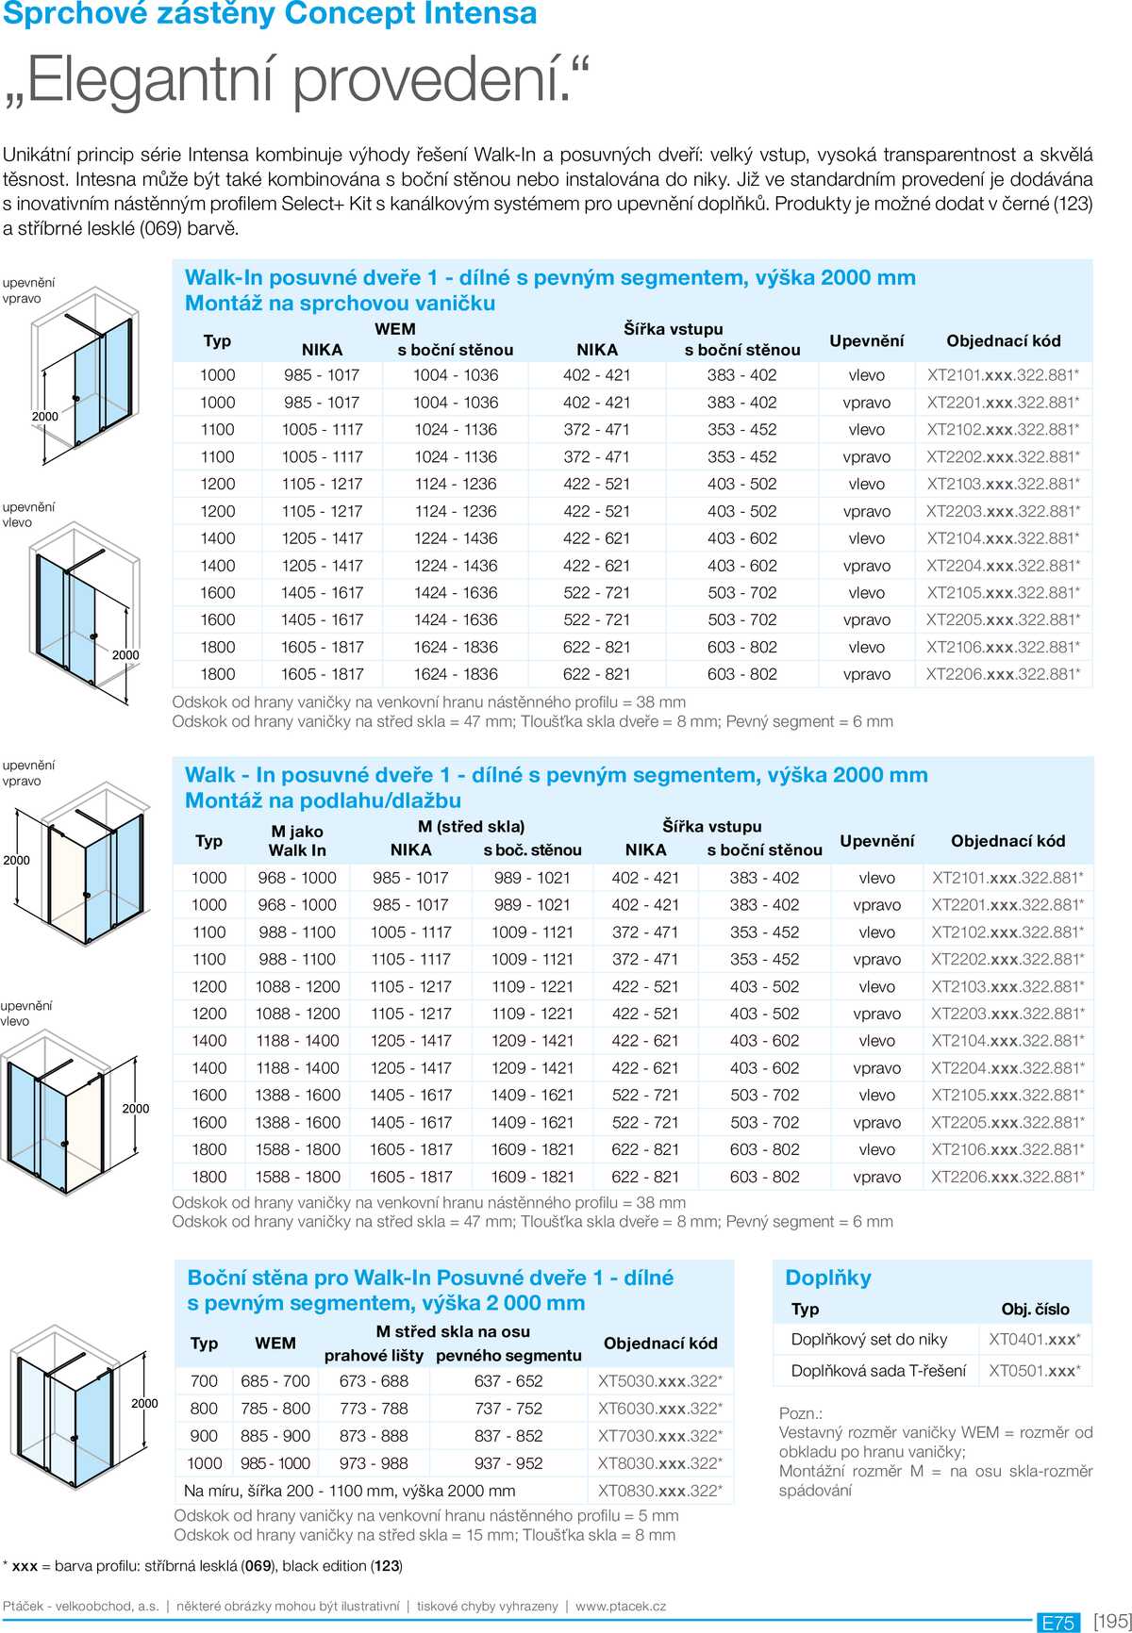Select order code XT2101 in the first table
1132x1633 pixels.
1003,375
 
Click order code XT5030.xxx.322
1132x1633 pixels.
659,1381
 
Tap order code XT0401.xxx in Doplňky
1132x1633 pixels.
1034,1340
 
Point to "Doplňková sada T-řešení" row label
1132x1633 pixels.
878,1371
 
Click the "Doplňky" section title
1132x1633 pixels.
828,1278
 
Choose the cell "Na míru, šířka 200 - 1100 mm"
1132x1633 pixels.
349,1492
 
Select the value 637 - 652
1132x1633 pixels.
508,1381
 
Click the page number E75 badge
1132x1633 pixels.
1057,1623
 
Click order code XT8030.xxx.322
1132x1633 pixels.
659,1463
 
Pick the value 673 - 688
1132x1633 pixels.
374,1381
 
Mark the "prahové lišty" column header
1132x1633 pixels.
374,1356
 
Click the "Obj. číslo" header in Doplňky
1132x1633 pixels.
1035,1310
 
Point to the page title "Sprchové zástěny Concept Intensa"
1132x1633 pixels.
270,14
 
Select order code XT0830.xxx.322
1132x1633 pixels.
659,1492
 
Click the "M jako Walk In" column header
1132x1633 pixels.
297,841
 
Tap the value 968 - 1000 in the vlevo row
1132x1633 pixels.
297,878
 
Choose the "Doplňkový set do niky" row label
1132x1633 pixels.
869,1340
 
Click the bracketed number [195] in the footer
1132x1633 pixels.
1112,1622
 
